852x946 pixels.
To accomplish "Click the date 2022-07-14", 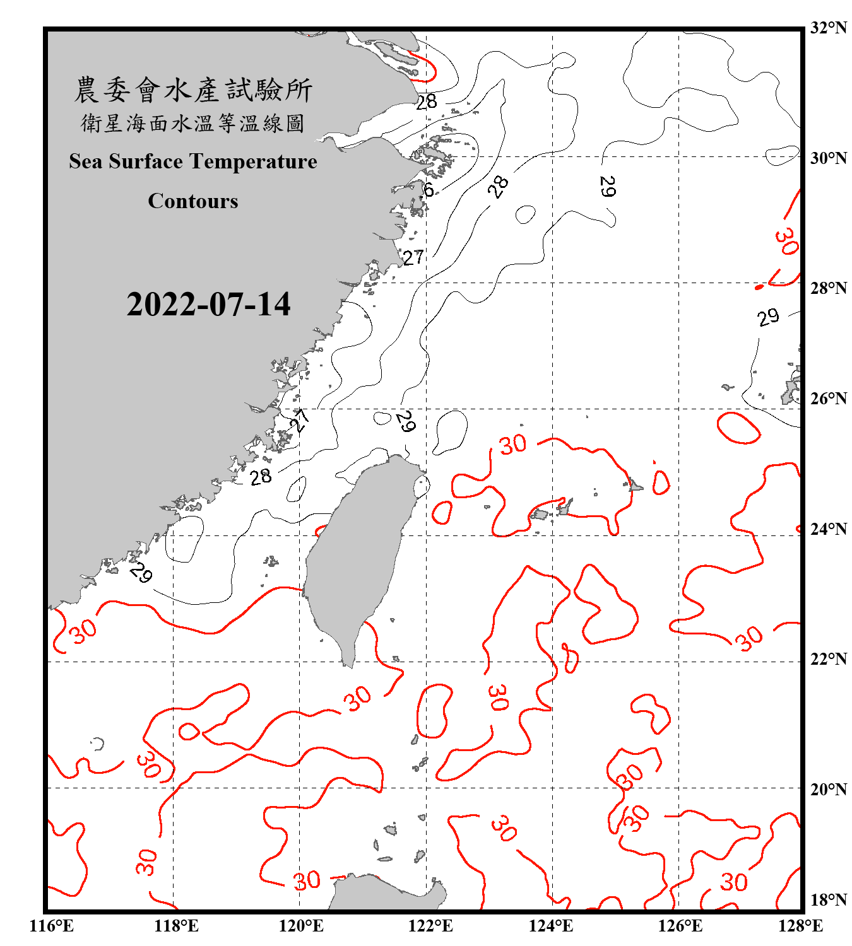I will tap(208, 305).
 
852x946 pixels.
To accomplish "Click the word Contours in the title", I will tap(193, 201).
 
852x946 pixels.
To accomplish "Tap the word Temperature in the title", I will tap(253, 161).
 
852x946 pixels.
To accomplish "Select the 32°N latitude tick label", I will tap(828, 28).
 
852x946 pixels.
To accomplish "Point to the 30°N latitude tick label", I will tap(828, 158).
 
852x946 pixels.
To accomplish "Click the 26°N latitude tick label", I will tap(828, 399).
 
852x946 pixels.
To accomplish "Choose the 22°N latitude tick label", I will tap(828, 659).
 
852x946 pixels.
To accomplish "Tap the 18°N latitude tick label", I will tap(828, 900).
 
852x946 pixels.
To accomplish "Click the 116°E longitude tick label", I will tap(52, 926).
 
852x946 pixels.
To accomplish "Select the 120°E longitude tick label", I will tap(301, 926).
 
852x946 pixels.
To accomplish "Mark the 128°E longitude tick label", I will tap(800, 926).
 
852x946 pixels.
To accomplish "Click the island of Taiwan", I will tap(357, 555).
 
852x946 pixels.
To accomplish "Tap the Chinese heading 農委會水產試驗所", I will tap(193, 90).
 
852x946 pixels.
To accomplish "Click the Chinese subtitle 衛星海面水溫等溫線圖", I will tap(193, 123).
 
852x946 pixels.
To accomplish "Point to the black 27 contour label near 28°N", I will tap(413, 257).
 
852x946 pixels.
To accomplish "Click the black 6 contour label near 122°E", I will tap(429, 190).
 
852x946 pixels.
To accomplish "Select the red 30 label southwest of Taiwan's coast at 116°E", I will tap(84, 630).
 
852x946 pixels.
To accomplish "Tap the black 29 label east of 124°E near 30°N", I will tap(607, 186).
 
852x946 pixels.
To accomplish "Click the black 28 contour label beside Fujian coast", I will tap(260, 477).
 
